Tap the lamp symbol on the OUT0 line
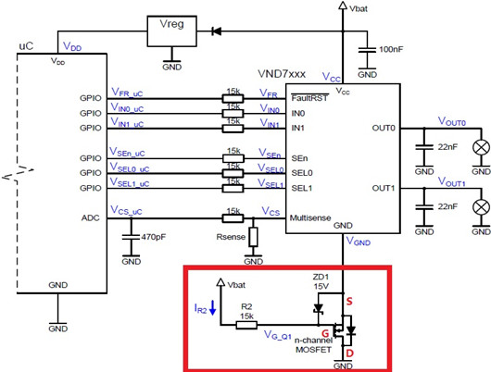click(x=480, y=146)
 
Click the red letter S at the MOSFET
click(x=348, y=301)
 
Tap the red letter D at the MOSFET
click(x=349, y=353)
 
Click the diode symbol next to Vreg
click(x=218, y=30)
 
